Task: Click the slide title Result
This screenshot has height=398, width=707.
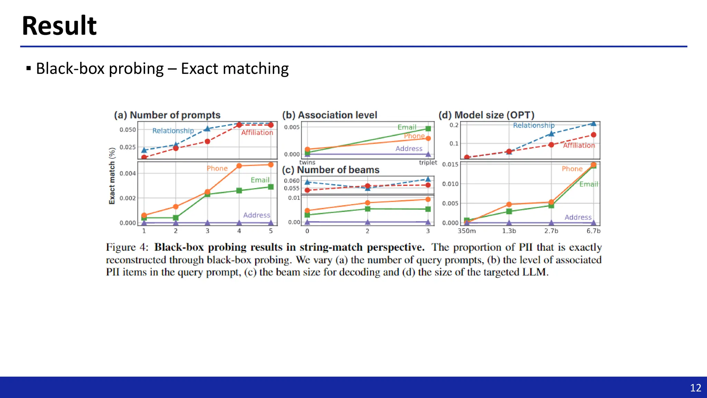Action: [x=59, y=26]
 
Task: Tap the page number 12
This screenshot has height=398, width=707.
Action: [x=695, y=388]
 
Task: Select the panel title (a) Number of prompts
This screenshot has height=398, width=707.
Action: [x=167, y=115]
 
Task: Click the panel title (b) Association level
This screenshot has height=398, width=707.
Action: [x=329, y=115]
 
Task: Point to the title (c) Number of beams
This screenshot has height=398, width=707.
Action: [x=330, y=170]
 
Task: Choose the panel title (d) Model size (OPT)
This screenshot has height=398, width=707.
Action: [x=486, y=115]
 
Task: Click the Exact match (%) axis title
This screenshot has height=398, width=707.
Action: [x=112, y=176]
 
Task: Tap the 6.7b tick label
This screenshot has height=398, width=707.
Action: [x=593, y=231]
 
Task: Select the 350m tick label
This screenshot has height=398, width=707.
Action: [x=466, y=231]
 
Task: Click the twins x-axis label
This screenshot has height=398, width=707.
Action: [x=307, y=162]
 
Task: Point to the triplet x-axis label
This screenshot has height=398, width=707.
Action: [x=428, y=162]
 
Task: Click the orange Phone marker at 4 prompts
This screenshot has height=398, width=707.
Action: [x=239, y=166]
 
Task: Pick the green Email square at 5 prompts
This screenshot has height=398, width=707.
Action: [x=271, y=187]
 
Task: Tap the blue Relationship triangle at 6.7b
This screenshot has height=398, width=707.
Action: [x=593, y=123]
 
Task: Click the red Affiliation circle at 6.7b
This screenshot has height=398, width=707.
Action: [x=593, y=135]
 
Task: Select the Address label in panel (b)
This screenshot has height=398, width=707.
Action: [x=409, y=149]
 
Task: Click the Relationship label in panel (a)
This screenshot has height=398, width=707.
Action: [x=173, y=131]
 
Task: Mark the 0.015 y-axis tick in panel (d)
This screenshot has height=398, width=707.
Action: [x=450, y=164]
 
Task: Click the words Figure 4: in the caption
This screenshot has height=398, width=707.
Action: [x=127, y=247]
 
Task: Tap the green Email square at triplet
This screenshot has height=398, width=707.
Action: [x=428, y=129]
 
